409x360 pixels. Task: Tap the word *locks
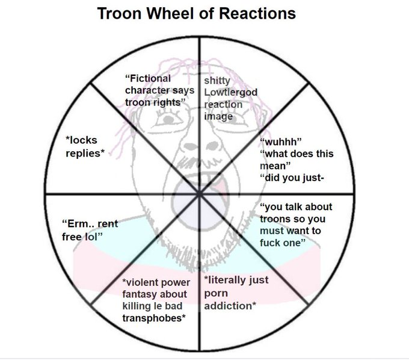[x=81, y=140]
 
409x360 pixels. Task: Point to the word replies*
[x=85, y=153]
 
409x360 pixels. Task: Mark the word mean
[x=274, y=166]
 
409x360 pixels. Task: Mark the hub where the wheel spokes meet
[x=199, y=193]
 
